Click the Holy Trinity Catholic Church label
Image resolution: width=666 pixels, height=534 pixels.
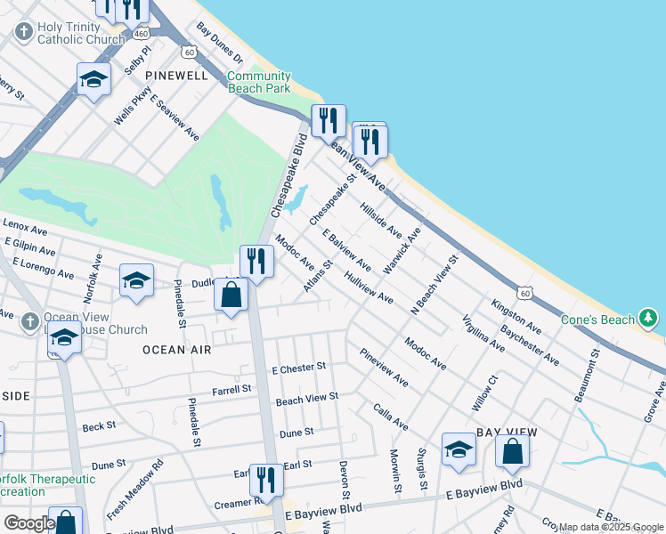[80, 33]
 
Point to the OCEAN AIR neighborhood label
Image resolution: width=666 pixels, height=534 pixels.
[178, 350]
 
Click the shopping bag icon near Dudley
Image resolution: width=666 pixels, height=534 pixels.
[231, 296]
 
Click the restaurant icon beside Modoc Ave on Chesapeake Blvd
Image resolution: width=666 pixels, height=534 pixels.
[256, 263]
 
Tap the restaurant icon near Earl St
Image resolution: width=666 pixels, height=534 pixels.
[265, 481]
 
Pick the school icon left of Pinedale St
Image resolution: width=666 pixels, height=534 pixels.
[135, 280]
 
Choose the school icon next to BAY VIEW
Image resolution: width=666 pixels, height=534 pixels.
[459, 450]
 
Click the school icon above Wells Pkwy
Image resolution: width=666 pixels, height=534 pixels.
[93, 80]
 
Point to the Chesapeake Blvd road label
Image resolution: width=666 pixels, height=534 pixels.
[287, 175]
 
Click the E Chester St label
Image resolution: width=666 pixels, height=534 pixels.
[300, 367]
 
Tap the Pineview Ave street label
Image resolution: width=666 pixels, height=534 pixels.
[384, 367]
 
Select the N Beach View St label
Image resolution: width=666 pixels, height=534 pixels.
[434, 285]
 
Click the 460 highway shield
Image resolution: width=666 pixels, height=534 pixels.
[140, 33]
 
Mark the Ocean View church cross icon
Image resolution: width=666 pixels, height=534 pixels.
[29, 320]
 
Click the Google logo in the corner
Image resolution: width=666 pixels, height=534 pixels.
[28, 523]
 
